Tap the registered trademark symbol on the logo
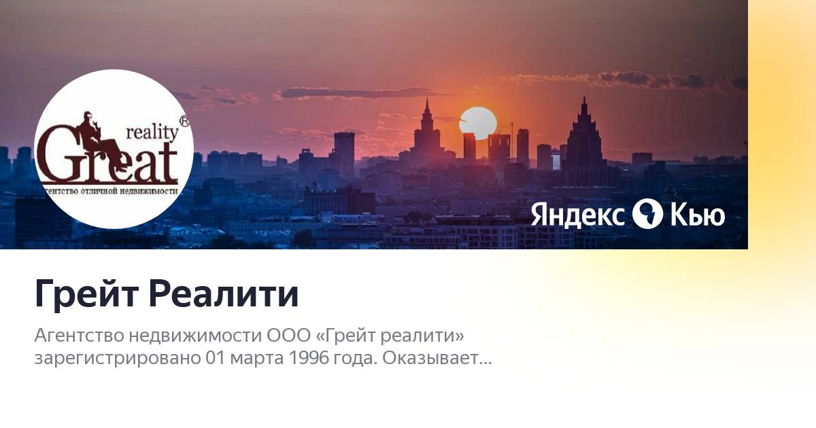(185, 121)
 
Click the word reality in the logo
(152, 133)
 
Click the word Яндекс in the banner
(577, 215)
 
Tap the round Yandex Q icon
(647, 214)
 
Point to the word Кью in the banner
(698, 215)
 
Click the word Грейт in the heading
(87, 294)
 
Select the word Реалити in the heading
(224, 293)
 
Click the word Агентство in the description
(79, 336)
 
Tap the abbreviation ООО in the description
(288, 335)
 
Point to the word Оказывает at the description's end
(437, 359)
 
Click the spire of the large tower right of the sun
(584, 105)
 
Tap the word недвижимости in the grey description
(195, 336)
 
